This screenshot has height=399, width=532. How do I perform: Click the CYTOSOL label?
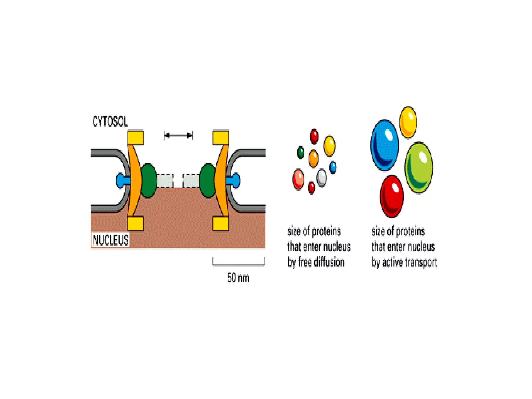click(110, 122)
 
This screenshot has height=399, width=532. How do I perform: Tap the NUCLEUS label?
click(111, 240)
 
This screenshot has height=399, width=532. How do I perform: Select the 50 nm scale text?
click(238, 278)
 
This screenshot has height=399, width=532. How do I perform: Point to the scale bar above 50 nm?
click(238, 264)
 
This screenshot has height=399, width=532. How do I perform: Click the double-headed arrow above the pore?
click(178, 135)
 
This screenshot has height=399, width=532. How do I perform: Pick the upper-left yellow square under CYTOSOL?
click(135, 137)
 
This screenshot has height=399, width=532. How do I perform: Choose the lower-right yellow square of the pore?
click(221, 223)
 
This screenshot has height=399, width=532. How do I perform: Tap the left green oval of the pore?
click(149, 181)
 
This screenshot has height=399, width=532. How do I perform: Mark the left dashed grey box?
click(165, 181)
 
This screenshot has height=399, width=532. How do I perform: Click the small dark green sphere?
click(301, 152)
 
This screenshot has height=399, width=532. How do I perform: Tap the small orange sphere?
click(314, 158)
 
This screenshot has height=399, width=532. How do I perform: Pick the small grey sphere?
click(322, 178)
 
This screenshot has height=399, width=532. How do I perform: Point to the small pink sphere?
click(298, 179)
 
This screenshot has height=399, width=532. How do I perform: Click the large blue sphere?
click(384, 145)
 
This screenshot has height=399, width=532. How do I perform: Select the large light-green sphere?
click(418, 168)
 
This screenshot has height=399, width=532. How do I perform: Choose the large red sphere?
click(392, 196)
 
